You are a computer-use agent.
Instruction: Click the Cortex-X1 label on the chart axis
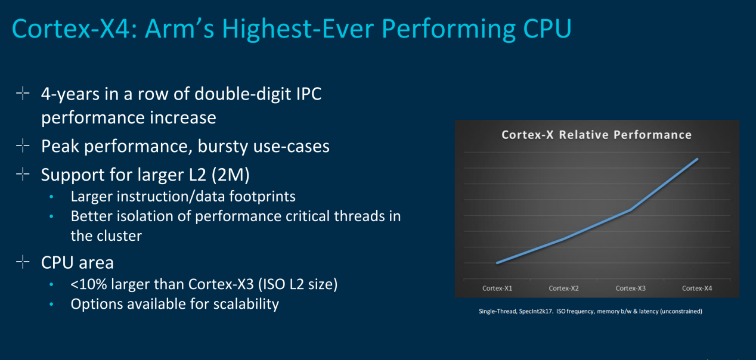click(497, 288)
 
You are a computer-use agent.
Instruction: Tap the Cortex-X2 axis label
click(564, 288)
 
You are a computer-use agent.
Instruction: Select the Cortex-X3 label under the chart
click(631, 288)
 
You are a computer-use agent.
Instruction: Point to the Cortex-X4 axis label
click(697, 288)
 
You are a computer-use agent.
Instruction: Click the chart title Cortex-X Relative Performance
click(596, 135)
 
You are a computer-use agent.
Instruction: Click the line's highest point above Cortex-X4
click(698, 159)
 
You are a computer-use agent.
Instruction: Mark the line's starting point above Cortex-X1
click(497, 263)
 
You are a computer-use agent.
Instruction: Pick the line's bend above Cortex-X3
click(631, 210)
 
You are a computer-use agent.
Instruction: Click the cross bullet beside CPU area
click(23, 262)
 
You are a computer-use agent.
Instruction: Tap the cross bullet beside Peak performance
click(23, 145)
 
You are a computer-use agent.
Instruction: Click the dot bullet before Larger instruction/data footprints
click(52, 196)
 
